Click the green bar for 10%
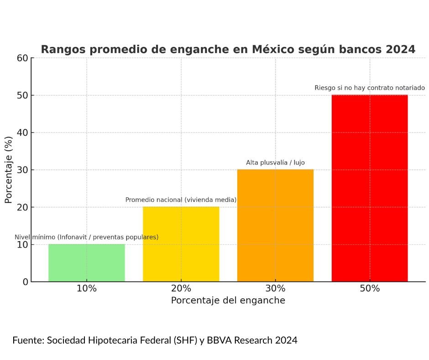click(x=87, y=263)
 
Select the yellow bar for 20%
click(x=181, y=244)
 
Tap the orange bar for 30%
click(x=275, y=225)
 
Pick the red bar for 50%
click(x=370, y=188)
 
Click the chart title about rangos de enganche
click(x=228, y=50)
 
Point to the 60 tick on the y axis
click(x=23, y=58)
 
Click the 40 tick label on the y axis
click(x=23, y=132)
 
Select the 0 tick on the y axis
click(x=26, y=282)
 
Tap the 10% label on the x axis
click(x=87, y=289)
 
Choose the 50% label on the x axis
click(x=370, y=289)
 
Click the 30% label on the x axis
click(x=275, y=289)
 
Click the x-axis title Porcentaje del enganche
click(x=228, y=301)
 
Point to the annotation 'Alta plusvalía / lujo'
click(x=275, y=163)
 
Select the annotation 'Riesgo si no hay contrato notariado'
click(x=370, y=88)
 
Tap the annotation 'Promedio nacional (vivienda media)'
click(x=181, y=200)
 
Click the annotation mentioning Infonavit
click(x=87, y=237)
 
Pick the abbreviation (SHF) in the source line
click(x=183, y=340)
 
